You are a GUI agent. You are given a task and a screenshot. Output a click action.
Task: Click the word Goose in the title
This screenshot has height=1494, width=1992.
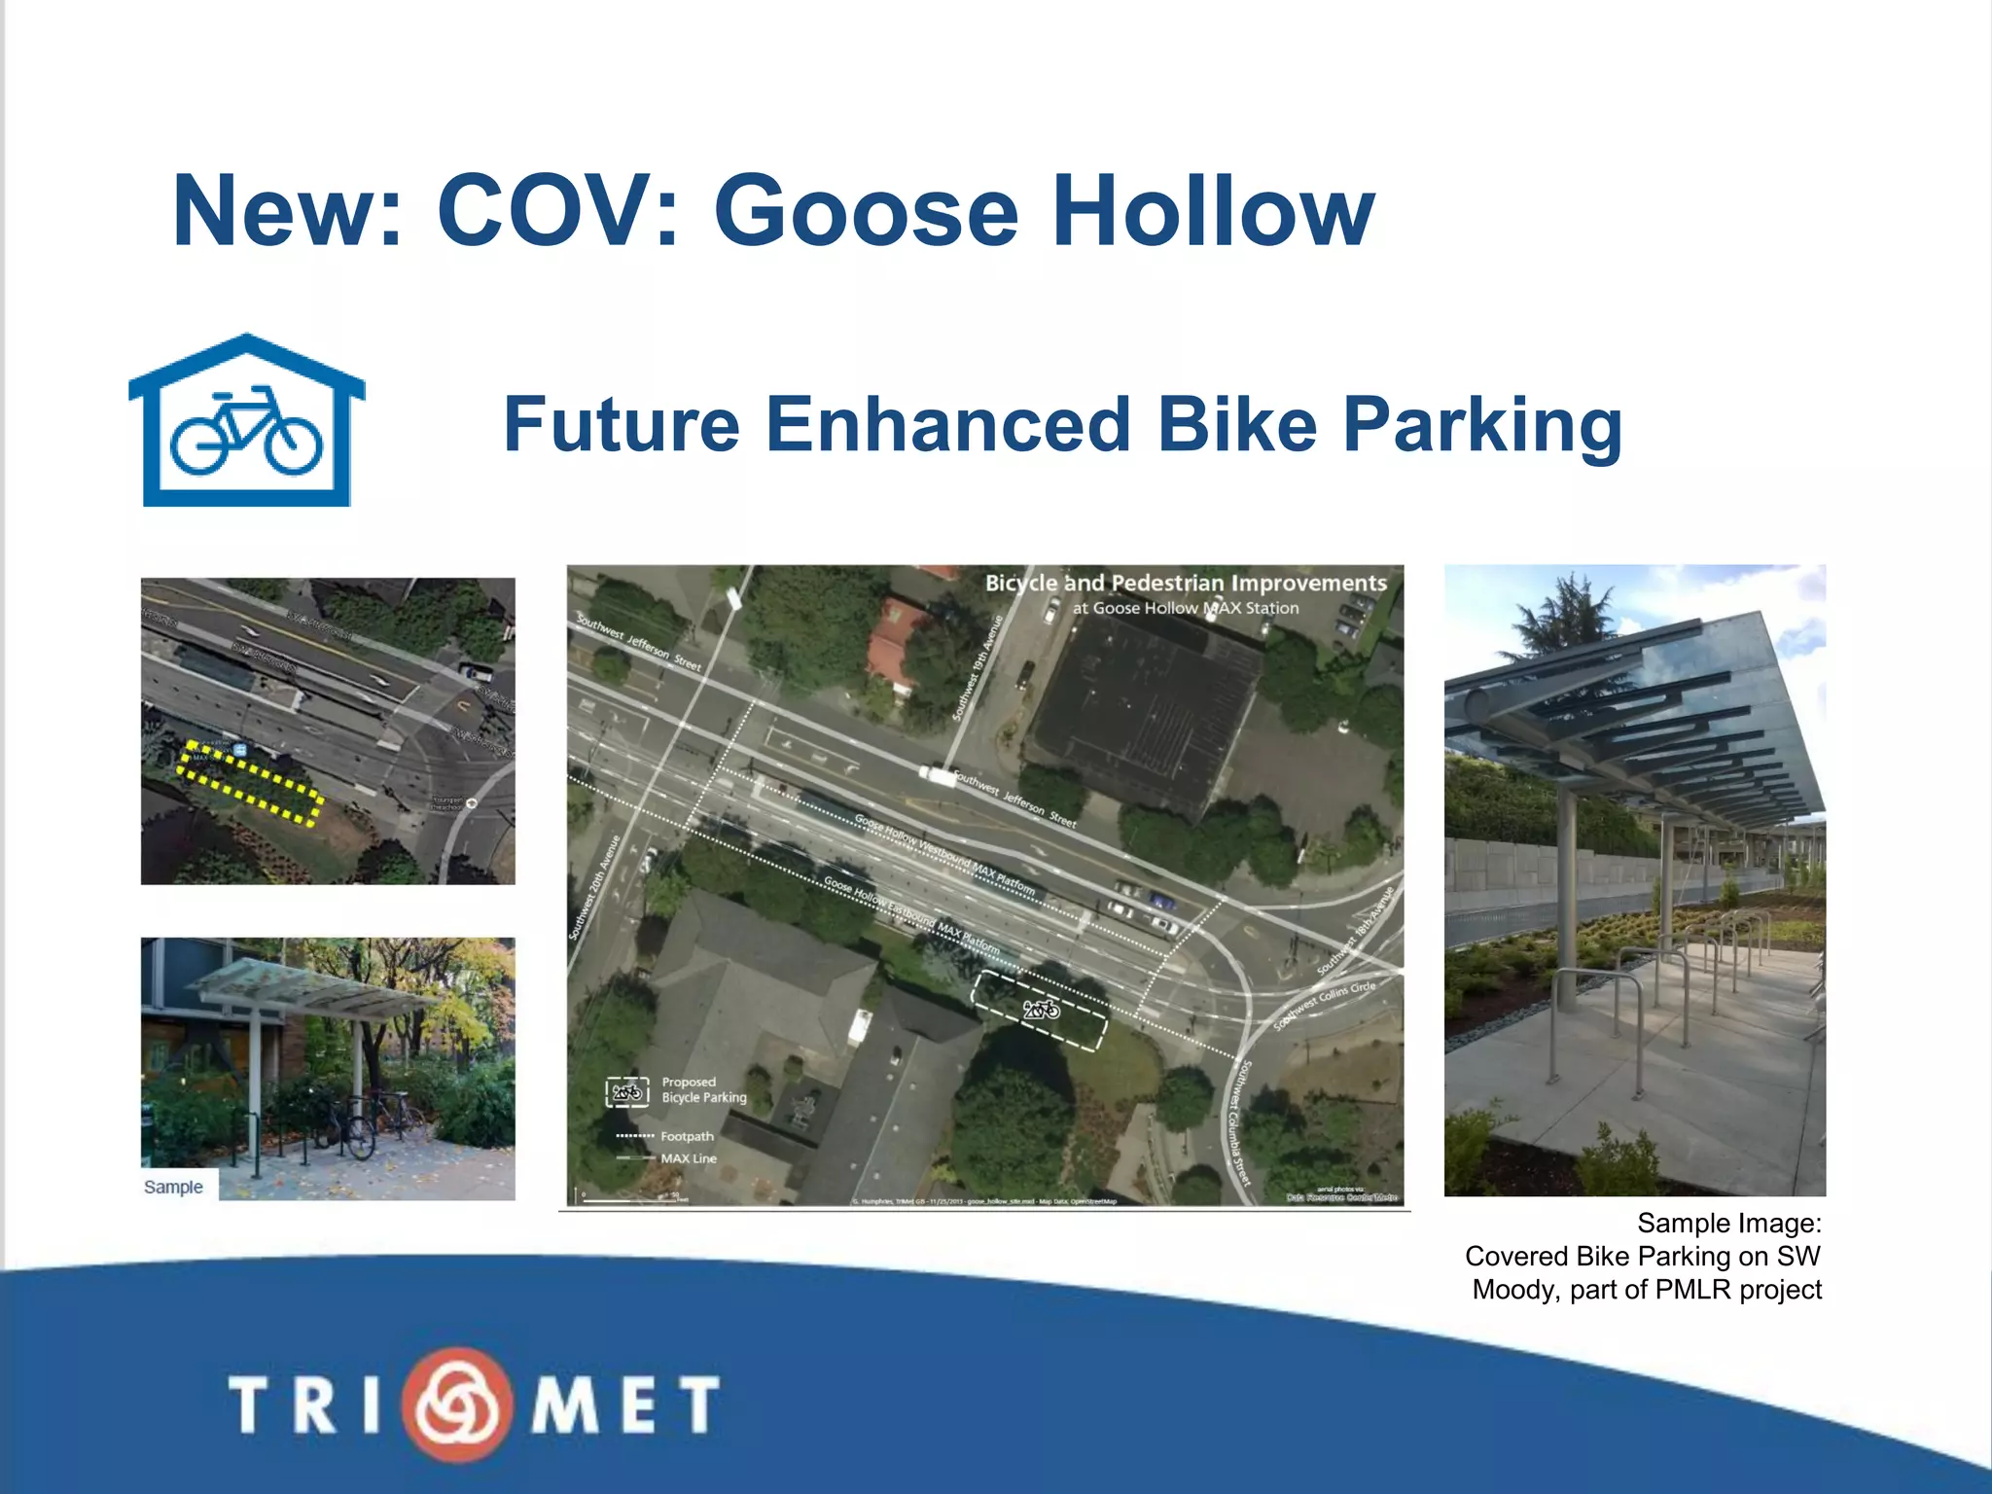(866, 211)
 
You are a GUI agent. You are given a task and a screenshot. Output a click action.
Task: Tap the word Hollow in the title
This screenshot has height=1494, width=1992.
(1213, 211)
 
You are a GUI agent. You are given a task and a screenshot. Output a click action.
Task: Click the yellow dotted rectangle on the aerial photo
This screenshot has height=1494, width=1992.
(250, 783)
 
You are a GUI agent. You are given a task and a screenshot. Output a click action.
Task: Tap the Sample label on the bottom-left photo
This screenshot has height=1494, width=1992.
(173, 1187)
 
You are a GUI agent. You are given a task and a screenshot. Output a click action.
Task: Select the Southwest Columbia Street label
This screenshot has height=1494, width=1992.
(1238, 1122)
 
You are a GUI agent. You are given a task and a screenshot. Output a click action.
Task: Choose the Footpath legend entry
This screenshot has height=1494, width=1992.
(686, 1136)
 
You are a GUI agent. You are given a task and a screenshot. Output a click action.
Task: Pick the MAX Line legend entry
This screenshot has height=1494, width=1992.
(688, 1158)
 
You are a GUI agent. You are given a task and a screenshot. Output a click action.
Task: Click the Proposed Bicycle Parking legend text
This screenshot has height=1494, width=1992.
(703, 1089)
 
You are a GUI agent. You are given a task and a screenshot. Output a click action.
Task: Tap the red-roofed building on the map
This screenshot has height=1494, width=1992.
(896, 639)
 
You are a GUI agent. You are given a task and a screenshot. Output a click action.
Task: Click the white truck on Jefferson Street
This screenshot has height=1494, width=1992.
(938, 775)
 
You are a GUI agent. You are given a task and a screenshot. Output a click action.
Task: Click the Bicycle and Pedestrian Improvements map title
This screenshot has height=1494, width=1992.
(1186, 584)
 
